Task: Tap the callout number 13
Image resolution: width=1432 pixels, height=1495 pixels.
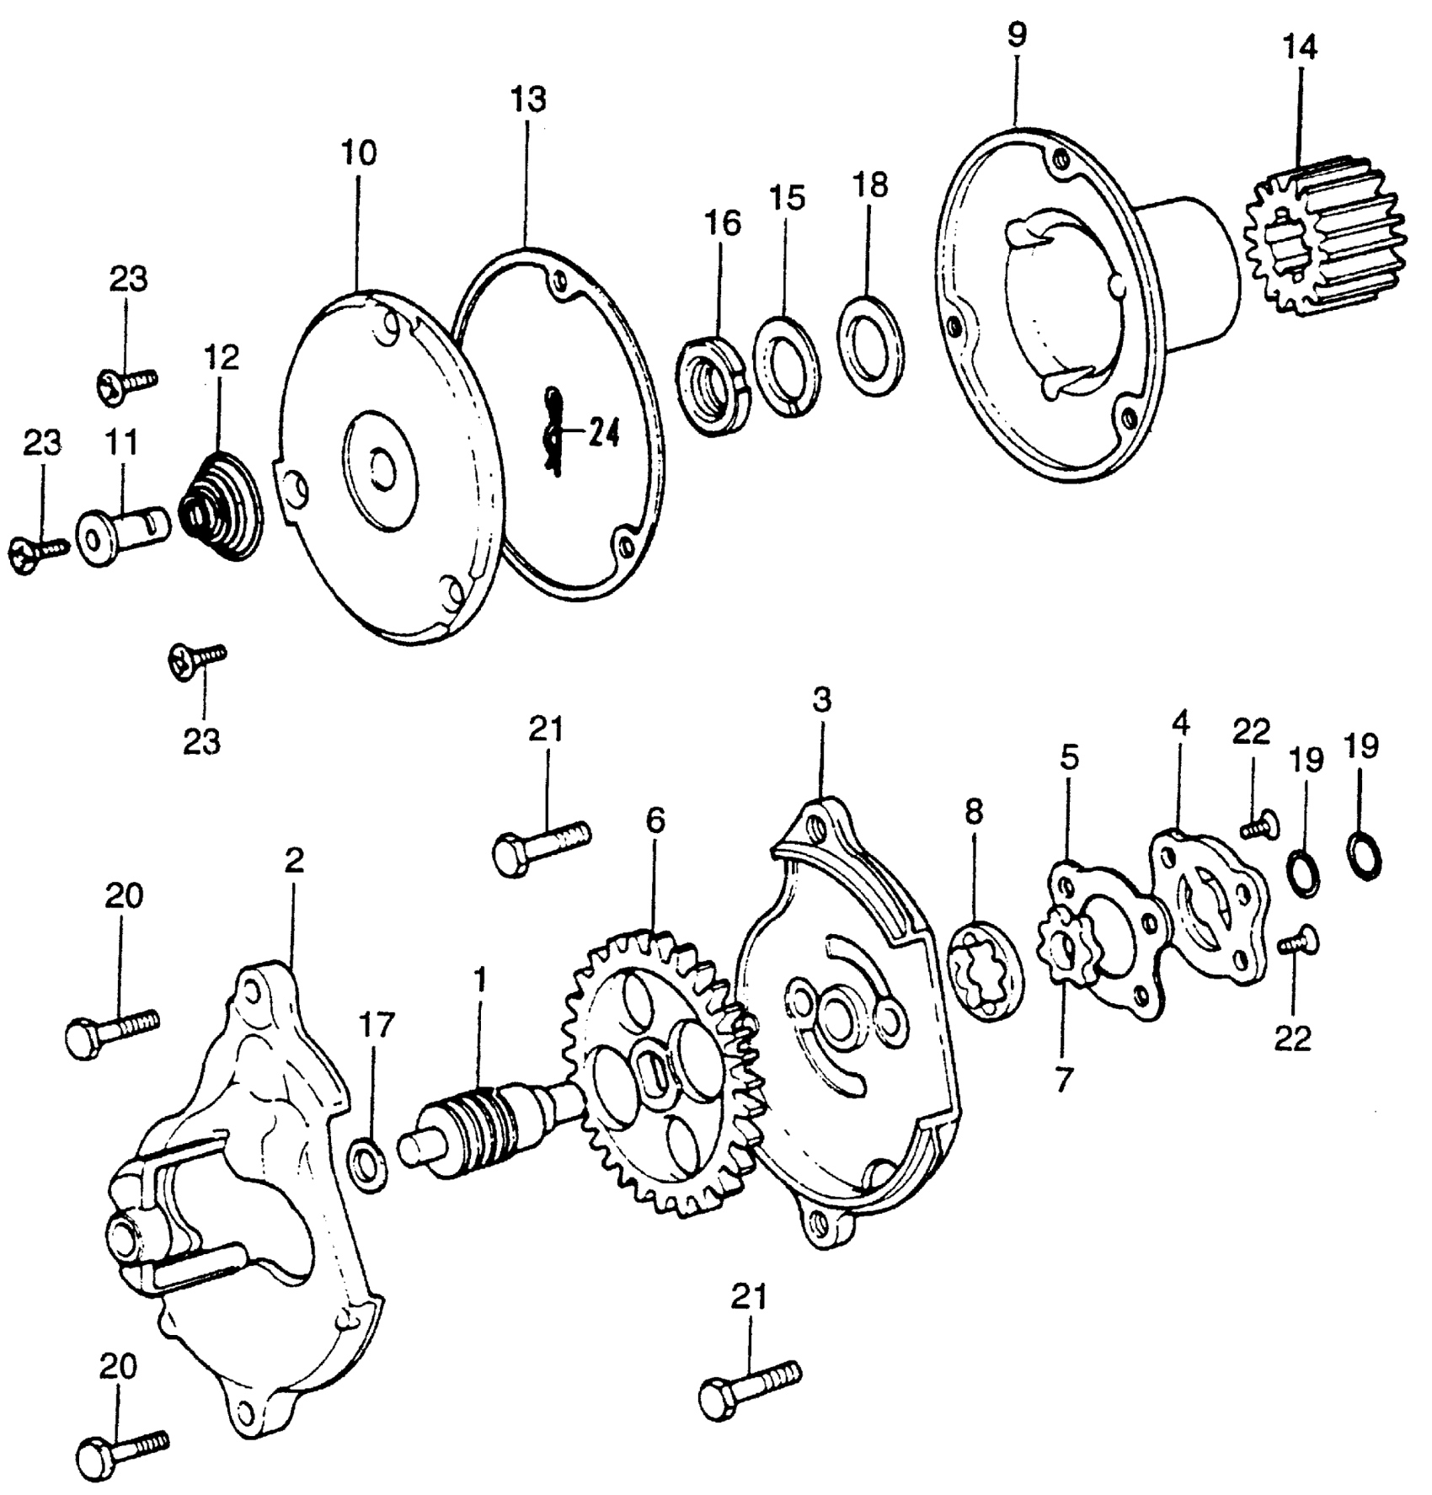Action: coord(528,99)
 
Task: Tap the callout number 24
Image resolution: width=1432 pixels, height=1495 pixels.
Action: coord(603,435)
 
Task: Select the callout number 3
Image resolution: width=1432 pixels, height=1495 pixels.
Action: coord(822,700)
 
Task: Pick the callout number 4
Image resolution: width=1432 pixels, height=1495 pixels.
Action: coord(1181,723)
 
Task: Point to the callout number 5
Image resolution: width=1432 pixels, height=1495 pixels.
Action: coord(1069,758)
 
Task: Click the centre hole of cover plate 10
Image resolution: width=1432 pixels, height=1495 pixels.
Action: coord(381,473)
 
